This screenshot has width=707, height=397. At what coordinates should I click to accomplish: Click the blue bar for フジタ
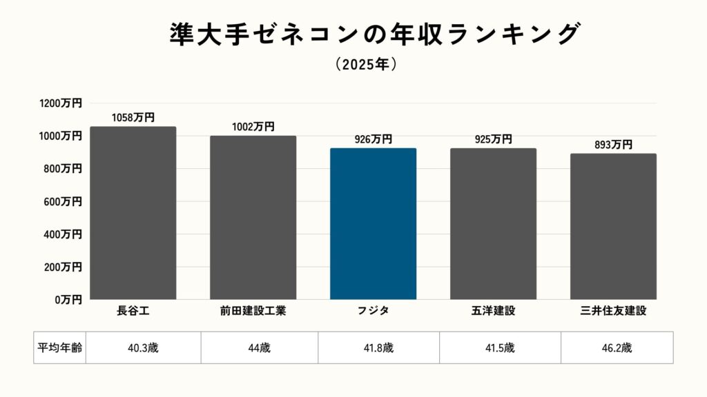(x=373, y=224)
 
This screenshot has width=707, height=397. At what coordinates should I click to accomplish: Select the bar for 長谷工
(x=133, y=213)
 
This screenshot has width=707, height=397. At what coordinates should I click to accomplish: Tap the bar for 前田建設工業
(x=253, y=218)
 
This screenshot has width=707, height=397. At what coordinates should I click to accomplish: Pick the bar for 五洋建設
(x=493, y=224)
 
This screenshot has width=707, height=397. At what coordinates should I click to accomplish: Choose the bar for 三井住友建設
(x=613, y=227)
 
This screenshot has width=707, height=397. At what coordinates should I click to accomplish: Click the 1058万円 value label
(x=133, y=118)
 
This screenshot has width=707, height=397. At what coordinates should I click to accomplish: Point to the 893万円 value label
(x=613, y=145)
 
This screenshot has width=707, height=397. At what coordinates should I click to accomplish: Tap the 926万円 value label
(x=373, y=139)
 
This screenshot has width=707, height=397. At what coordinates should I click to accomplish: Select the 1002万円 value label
(x=253, y=127)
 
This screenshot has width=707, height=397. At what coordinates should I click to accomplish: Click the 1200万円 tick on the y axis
(x=61, y=103)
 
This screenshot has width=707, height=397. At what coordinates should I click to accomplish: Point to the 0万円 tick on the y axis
(x=68, y=300)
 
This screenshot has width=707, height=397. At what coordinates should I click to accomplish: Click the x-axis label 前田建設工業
(x=253, y=311)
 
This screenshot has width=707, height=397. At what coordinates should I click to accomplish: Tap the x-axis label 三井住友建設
(x=613, y=311)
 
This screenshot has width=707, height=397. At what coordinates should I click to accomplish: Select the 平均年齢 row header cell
(x=59, y=347)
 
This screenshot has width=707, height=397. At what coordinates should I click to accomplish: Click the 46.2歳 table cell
(x=617, y=347)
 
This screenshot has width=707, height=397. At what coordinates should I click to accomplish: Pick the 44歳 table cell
(x=260, y=347)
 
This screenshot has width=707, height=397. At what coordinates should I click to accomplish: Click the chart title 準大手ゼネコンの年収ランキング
(x=373, y=34)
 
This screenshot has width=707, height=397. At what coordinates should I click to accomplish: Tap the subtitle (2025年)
(x=365, y=65)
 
